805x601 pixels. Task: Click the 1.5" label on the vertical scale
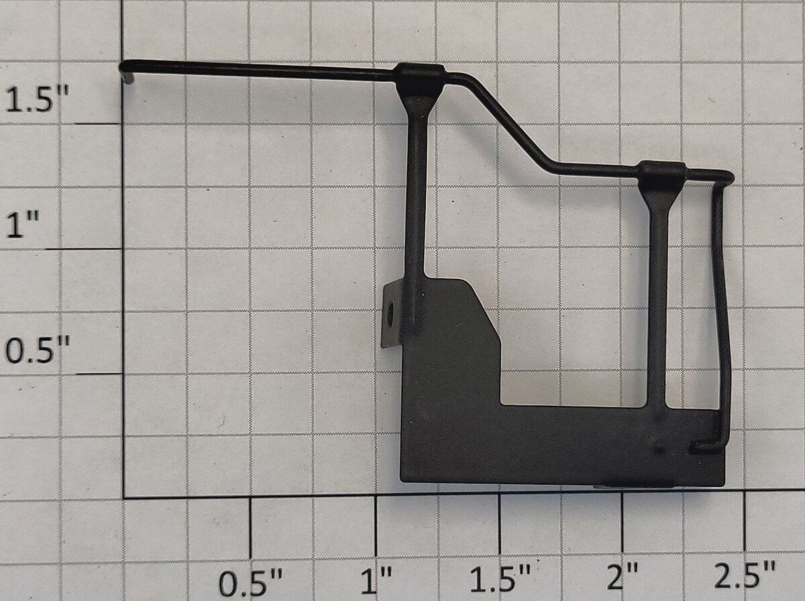pos(37,99)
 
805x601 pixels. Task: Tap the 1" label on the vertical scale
pos(23,225)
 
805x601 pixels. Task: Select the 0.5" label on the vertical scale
pos(37,350)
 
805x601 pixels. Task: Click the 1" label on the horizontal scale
pos(376,581)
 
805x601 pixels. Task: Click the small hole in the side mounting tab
pos(391,313)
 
